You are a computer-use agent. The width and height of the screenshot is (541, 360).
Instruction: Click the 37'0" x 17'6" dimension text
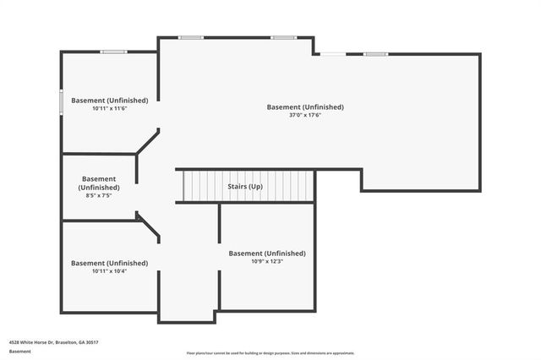tap(305, 115)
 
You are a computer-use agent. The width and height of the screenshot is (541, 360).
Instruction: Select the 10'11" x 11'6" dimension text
tap(109, 108)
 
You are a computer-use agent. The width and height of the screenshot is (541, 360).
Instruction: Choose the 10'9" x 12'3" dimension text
tap(267, 261)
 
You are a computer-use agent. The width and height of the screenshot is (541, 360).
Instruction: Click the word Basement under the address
tap(20, 351)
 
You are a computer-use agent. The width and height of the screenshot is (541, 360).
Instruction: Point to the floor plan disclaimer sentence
tap(270, 353)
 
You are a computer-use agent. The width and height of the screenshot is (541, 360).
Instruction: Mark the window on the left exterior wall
tap(61, 101)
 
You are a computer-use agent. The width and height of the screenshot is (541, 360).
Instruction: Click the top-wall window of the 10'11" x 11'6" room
tap(113, 52)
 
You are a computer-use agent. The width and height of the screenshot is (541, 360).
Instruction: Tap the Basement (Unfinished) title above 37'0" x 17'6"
tap(305, 107)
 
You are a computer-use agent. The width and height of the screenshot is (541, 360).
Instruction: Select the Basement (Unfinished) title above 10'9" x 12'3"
tap(267, 253)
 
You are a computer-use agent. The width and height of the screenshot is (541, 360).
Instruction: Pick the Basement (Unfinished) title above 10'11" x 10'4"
tap(109, 263)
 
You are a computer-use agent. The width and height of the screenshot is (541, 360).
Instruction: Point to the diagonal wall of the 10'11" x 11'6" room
tap(147, 141)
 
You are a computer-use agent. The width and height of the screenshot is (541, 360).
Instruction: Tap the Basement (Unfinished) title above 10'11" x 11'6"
tap(109, 100)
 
